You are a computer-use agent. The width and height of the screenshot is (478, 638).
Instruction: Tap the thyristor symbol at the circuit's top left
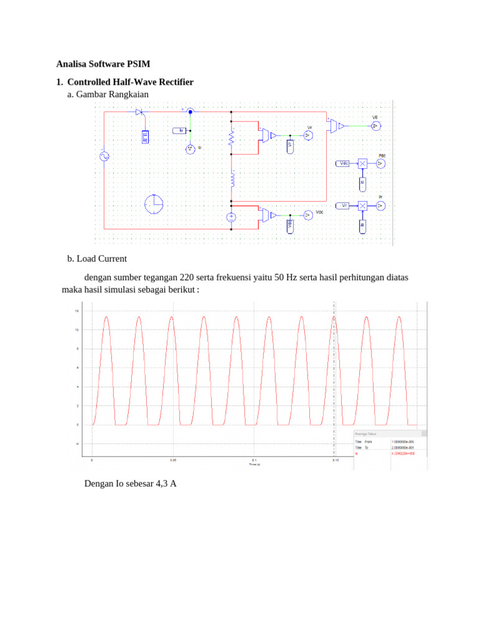(139, 112)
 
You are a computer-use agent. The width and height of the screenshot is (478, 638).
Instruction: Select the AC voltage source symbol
(104, 156)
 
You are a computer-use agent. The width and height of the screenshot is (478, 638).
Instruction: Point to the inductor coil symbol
(232, 179)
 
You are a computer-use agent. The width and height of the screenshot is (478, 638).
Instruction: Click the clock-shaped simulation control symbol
(153, 204)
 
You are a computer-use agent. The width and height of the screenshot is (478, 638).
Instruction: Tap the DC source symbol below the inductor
(231, 217)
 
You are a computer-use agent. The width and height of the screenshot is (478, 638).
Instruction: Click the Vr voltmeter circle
(307, 135)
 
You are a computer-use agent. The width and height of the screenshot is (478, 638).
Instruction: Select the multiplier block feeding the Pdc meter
(362, 163)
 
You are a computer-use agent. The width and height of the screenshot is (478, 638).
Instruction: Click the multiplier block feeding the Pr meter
(362, 205)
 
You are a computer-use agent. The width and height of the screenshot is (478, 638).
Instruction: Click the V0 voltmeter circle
(375, 125)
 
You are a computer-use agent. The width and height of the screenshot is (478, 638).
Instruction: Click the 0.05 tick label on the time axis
(173, 460)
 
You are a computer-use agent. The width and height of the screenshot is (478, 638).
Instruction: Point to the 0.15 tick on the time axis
(335, 460)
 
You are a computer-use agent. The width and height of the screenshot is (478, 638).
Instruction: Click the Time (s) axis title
(254, 465)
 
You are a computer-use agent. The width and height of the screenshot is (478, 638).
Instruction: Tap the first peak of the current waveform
(106, 317)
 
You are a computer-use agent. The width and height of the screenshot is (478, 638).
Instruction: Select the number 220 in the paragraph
(187, 277)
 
